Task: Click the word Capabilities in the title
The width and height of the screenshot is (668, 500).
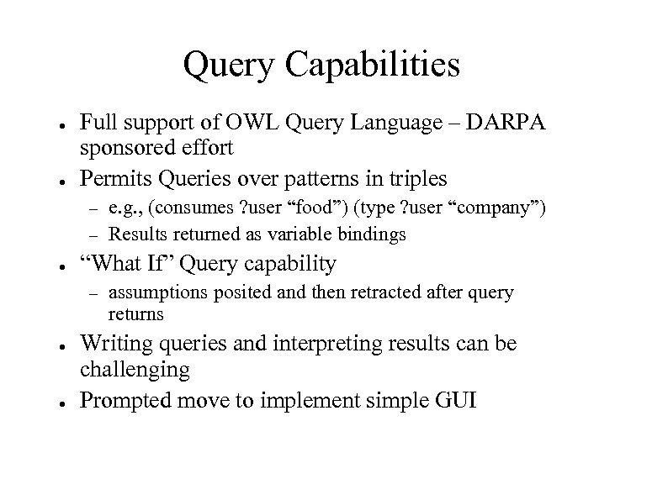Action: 367,66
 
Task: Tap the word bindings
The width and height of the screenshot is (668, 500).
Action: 373,234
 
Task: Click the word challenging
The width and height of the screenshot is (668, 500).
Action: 135,369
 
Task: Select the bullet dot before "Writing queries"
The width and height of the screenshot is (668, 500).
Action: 53,345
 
